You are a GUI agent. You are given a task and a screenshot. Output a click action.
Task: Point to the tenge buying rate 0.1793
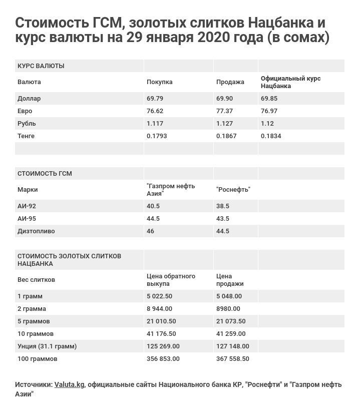point(157,136)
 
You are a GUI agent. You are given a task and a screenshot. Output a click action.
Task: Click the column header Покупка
point(159,82)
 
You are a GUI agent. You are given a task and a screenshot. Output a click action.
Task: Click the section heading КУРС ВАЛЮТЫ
point(41,66)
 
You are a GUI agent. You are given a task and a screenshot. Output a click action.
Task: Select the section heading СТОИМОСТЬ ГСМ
point(45,174)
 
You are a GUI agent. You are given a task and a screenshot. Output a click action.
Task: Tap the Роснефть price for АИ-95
point(222,219)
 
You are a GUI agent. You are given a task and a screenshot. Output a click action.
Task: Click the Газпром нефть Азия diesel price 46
point(150,231)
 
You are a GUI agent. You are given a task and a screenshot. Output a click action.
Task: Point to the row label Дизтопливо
point(36,231)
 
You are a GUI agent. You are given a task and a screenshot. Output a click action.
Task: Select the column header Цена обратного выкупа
point(171,280)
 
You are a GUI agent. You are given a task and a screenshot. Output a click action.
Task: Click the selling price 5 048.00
point(229,296)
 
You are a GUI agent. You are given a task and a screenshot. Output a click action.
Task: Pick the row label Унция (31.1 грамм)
point(47,346)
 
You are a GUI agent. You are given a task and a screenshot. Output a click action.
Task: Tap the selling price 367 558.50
point(232,359)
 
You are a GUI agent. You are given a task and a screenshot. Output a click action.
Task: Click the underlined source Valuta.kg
point(69,384)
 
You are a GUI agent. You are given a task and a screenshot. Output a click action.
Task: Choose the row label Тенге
point(26,136)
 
